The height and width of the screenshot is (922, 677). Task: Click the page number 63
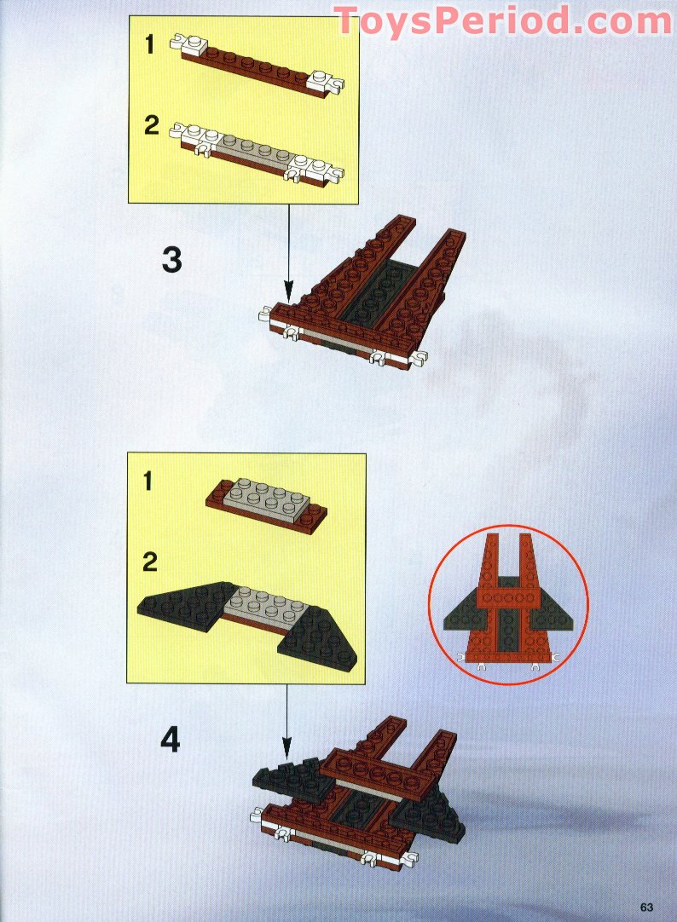[647, 908]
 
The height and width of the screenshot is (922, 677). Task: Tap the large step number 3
[171, 260]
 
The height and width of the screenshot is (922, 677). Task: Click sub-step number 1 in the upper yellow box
[150, 44]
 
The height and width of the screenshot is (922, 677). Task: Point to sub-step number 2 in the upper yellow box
[151, 125]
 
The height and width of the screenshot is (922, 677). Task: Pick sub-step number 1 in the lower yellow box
[148, 481]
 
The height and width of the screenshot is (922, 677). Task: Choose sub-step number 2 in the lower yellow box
[150, 562]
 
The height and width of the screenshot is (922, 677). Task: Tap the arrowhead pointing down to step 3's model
[288, 291]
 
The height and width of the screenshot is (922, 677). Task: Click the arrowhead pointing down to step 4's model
[286, 749]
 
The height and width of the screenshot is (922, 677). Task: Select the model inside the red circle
[507, 603]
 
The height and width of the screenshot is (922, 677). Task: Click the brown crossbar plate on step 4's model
[379, 772]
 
